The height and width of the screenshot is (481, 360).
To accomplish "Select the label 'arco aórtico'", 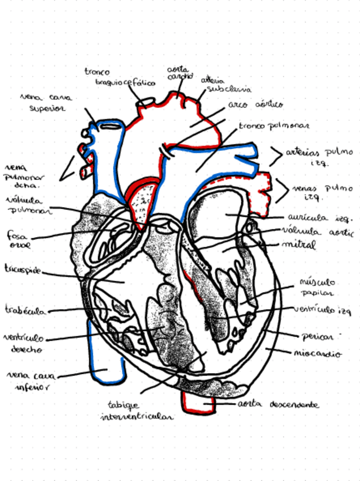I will (x=256, y=106).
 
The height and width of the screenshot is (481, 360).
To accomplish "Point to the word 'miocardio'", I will (x=318, y=353).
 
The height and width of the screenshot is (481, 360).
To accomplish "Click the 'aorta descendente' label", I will (x=278, y=406).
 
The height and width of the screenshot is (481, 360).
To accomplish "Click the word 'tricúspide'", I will (x=23, y=269).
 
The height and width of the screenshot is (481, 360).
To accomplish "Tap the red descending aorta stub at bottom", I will (x=198, y=403).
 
